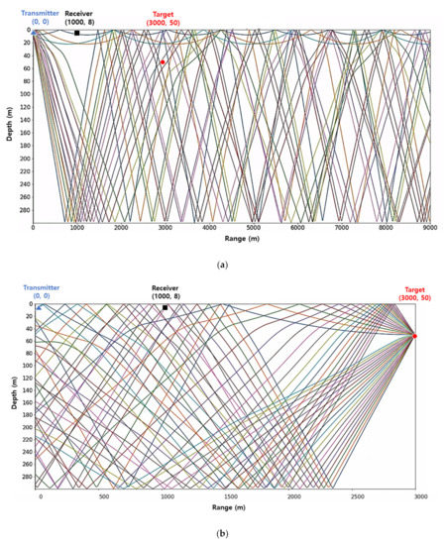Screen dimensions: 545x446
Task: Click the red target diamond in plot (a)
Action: (x=164, y=62)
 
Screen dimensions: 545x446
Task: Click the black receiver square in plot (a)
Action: (x=76, y=33)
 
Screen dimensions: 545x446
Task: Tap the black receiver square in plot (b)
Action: (x=166, y=307)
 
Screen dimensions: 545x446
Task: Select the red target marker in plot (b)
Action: (x=414, y=336)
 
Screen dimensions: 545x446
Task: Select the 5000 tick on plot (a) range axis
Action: (x=254, y=229)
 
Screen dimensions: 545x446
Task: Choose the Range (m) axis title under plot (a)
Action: (x=230, y=240)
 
